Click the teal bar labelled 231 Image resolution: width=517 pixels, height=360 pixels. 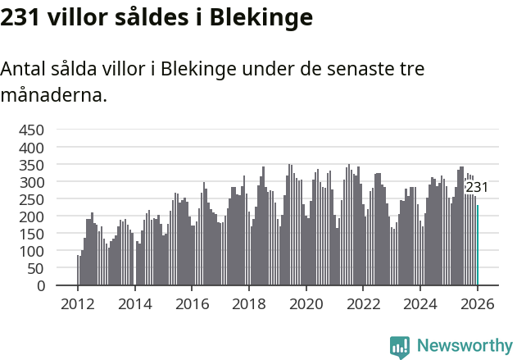point(478,245)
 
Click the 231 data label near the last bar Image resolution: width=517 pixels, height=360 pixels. point(477,188)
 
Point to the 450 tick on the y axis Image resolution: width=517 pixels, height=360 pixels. point(31,130)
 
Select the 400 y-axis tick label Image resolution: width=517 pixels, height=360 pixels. point(31,148)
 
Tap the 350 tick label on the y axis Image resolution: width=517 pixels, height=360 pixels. point(31,165)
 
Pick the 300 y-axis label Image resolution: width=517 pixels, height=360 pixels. point(31,182)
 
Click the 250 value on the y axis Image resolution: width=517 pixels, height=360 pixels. point(31,199)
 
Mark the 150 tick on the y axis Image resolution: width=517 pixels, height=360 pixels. point(31,234)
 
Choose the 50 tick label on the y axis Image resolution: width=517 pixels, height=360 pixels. point(35,268)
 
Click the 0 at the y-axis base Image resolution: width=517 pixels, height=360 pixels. point(39,285)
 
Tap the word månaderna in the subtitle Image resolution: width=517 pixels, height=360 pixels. point(53,95)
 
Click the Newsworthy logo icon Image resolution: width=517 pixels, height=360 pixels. point(400,346)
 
